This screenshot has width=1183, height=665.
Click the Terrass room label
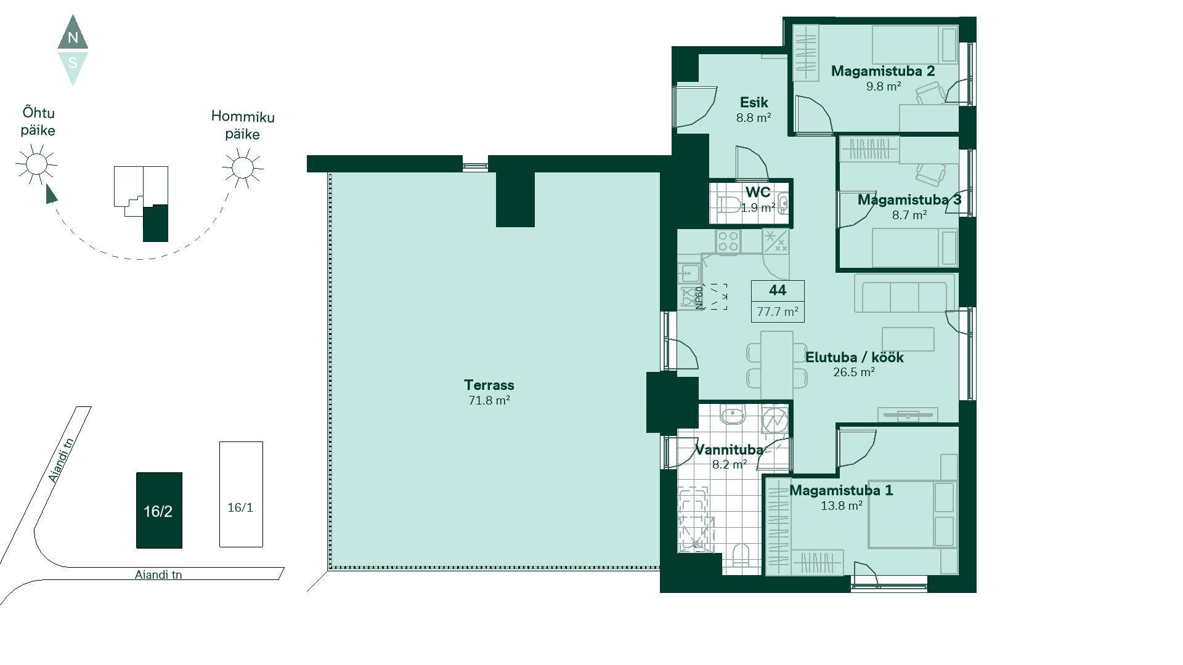489,385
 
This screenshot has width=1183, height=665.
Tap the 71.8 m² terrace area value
489,400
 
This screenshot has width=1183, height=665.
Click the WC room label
758,192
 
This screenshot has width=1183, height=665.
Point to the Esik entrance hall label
754,102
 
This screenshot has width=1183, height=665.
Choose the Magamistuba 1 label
841,490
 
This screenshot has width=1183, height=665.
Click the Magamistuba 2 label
883,71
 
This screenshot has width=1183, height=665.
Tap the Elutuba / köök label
854,357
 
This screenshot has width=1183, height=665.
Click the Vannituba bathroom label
729,449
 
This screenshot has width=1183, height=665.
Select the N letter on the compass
73,38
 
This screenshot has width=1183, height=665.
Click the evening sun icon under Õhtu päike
36,164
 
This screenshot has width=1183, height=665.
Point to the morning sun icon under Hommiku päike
243,167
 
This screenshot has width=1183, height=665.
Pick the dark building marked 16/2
159,510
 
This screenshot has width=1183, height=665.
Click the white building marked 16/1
241,494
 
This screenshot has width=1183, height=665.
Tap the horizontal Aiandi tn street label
158,574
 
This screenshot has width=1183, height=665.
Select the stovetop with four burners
728,241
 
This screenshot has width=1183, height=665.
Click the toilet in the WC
729,204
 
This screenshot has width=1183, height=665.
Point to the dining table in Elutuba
777,366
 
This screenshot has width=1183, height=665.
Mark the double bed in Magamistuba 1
913,514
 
